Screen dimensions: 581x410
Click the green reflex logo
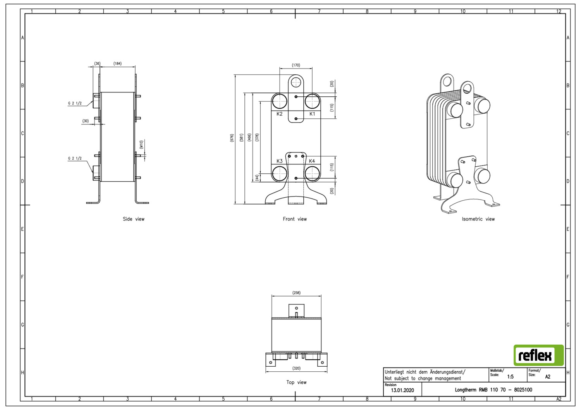point(538,355)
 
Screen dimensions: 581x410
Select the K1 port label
point(312,114)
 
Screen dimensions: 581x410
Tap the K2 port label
point(279,114)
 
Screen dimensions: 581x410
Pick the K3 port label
point(279,161)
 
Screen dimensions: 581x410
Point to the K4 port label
point(312,161)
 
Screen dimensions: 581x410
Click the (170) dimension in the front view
point(296,65)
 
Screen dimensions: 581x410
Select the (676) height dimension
point(232,138)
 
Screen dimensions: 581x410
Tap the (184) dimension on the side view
point(117,63)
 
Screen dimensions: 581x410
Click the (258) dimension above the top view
point(296,293)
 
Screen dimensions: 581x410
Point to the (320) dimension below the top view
point(296,368)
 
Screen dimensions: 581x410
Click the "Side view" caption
point(134,219)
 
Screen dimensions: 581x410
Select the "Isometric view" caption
point(478,219)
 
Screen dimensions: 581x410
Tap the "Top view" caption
point(296,382)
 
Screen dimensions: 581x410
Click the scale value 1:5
point(510,377)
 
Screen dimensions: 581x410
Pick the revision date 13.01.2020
point(402,390)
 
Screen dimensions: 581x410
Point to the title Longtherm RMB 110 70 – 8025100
point(493,390)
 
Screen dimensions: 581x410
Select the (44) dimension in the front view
point(257,178)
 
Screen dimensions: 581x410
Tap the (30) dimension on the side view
point(86,121)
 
